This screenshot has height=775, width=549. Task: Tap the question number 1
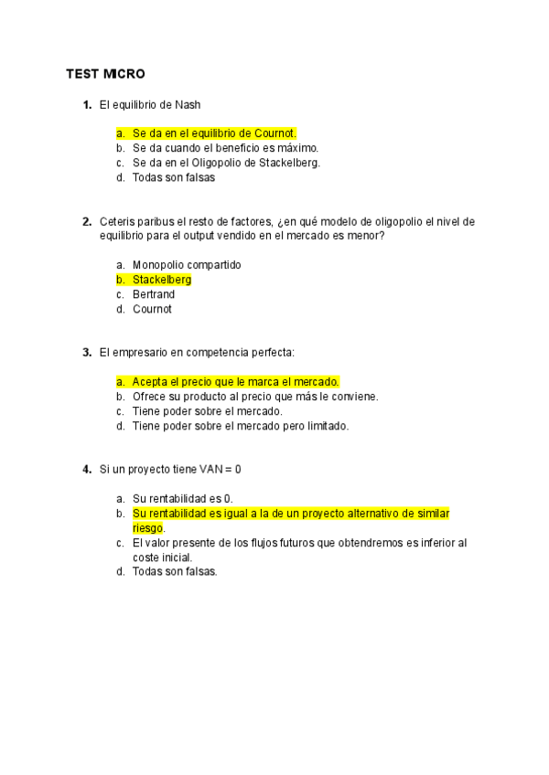[x=86, y=105]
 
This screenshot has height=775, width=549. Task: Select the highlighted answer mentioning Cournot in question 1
[x=214, y=133]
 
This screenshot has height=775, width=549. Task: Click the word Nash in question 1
[x=188, y=105]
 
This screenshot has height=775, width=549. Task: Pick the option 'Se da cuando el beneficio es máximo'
[x=225, y=148]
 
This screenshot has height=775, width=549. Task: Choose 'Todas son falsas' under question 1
[x=174, y=177]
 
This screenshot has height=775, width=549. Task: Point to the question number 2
[x=86, y=221]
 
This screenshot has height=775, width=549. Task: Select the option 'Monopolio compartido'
[x=187, y=265]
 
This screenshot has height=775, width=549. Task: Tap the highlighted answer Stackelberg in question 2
[x=162, y=280]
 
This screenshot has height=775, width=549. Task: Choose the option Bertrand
[x=154, y=294]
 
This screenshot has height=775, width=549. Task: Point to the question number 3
[x=86, y=352]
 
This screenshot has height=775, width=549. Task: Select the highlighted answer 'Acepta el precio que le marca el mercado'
[x=235, y=381]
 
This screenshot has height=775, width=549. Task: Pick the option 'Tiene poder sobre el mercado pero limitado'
[x=241, y=425]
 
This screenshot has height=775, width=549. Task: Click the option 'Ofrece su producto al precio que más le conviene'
[x=255, y=396]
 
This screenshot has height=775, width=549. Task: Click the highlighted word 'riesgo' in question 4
[x=147, y=527]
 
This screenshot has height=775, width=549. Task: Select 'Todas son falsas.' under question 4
[x=175, y=571]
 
